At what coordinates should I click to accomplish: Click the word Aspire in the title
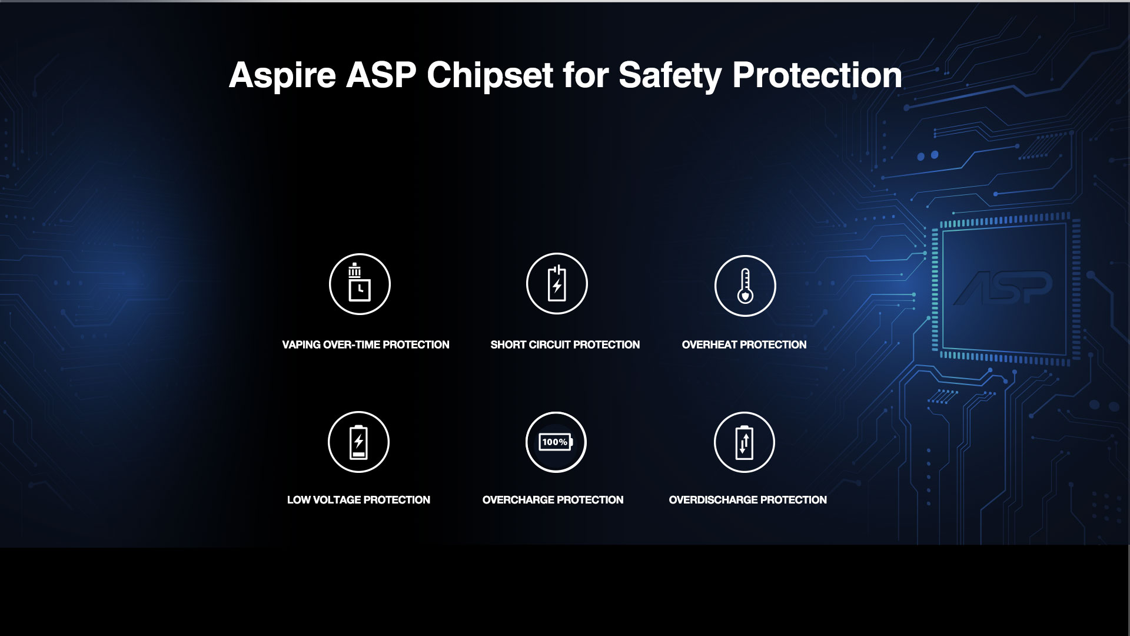click(282, 75)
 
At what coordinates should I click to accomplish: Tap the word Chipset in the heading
click(490, 75)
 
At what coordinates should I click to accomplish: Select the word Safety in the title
click(670, 75)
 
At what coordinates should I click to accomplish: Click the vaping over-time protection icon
click(360, 284)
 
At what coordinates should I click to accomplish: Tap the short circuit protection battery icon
click(557, 283)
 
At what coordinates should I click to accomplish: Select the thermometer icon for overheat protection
click(745, 286)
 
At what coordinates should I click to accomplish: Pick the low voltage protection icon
click(358, 442)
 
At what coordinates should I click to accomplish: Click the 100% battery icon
click(556, 442)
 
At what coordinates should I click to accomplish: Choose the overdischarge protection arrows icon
click(745, 442)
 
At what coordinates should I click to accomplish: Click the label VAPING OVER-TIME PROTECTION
click(365, 344)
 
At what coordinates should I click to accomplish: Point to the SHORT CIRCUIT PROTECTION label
click(565, 344)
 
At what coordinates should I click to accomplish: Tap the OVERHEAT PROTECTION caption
click(744, 344)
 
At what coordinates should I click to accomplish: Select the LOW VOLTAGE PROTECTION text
click(358, 500)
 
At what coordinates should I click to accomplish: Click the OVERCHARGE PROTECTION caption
click(553, 500)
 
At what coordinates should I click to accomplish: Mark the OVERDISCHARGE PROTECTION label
click(747, 500)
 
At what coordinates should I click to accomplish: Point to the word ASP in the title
click(381, 75)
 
